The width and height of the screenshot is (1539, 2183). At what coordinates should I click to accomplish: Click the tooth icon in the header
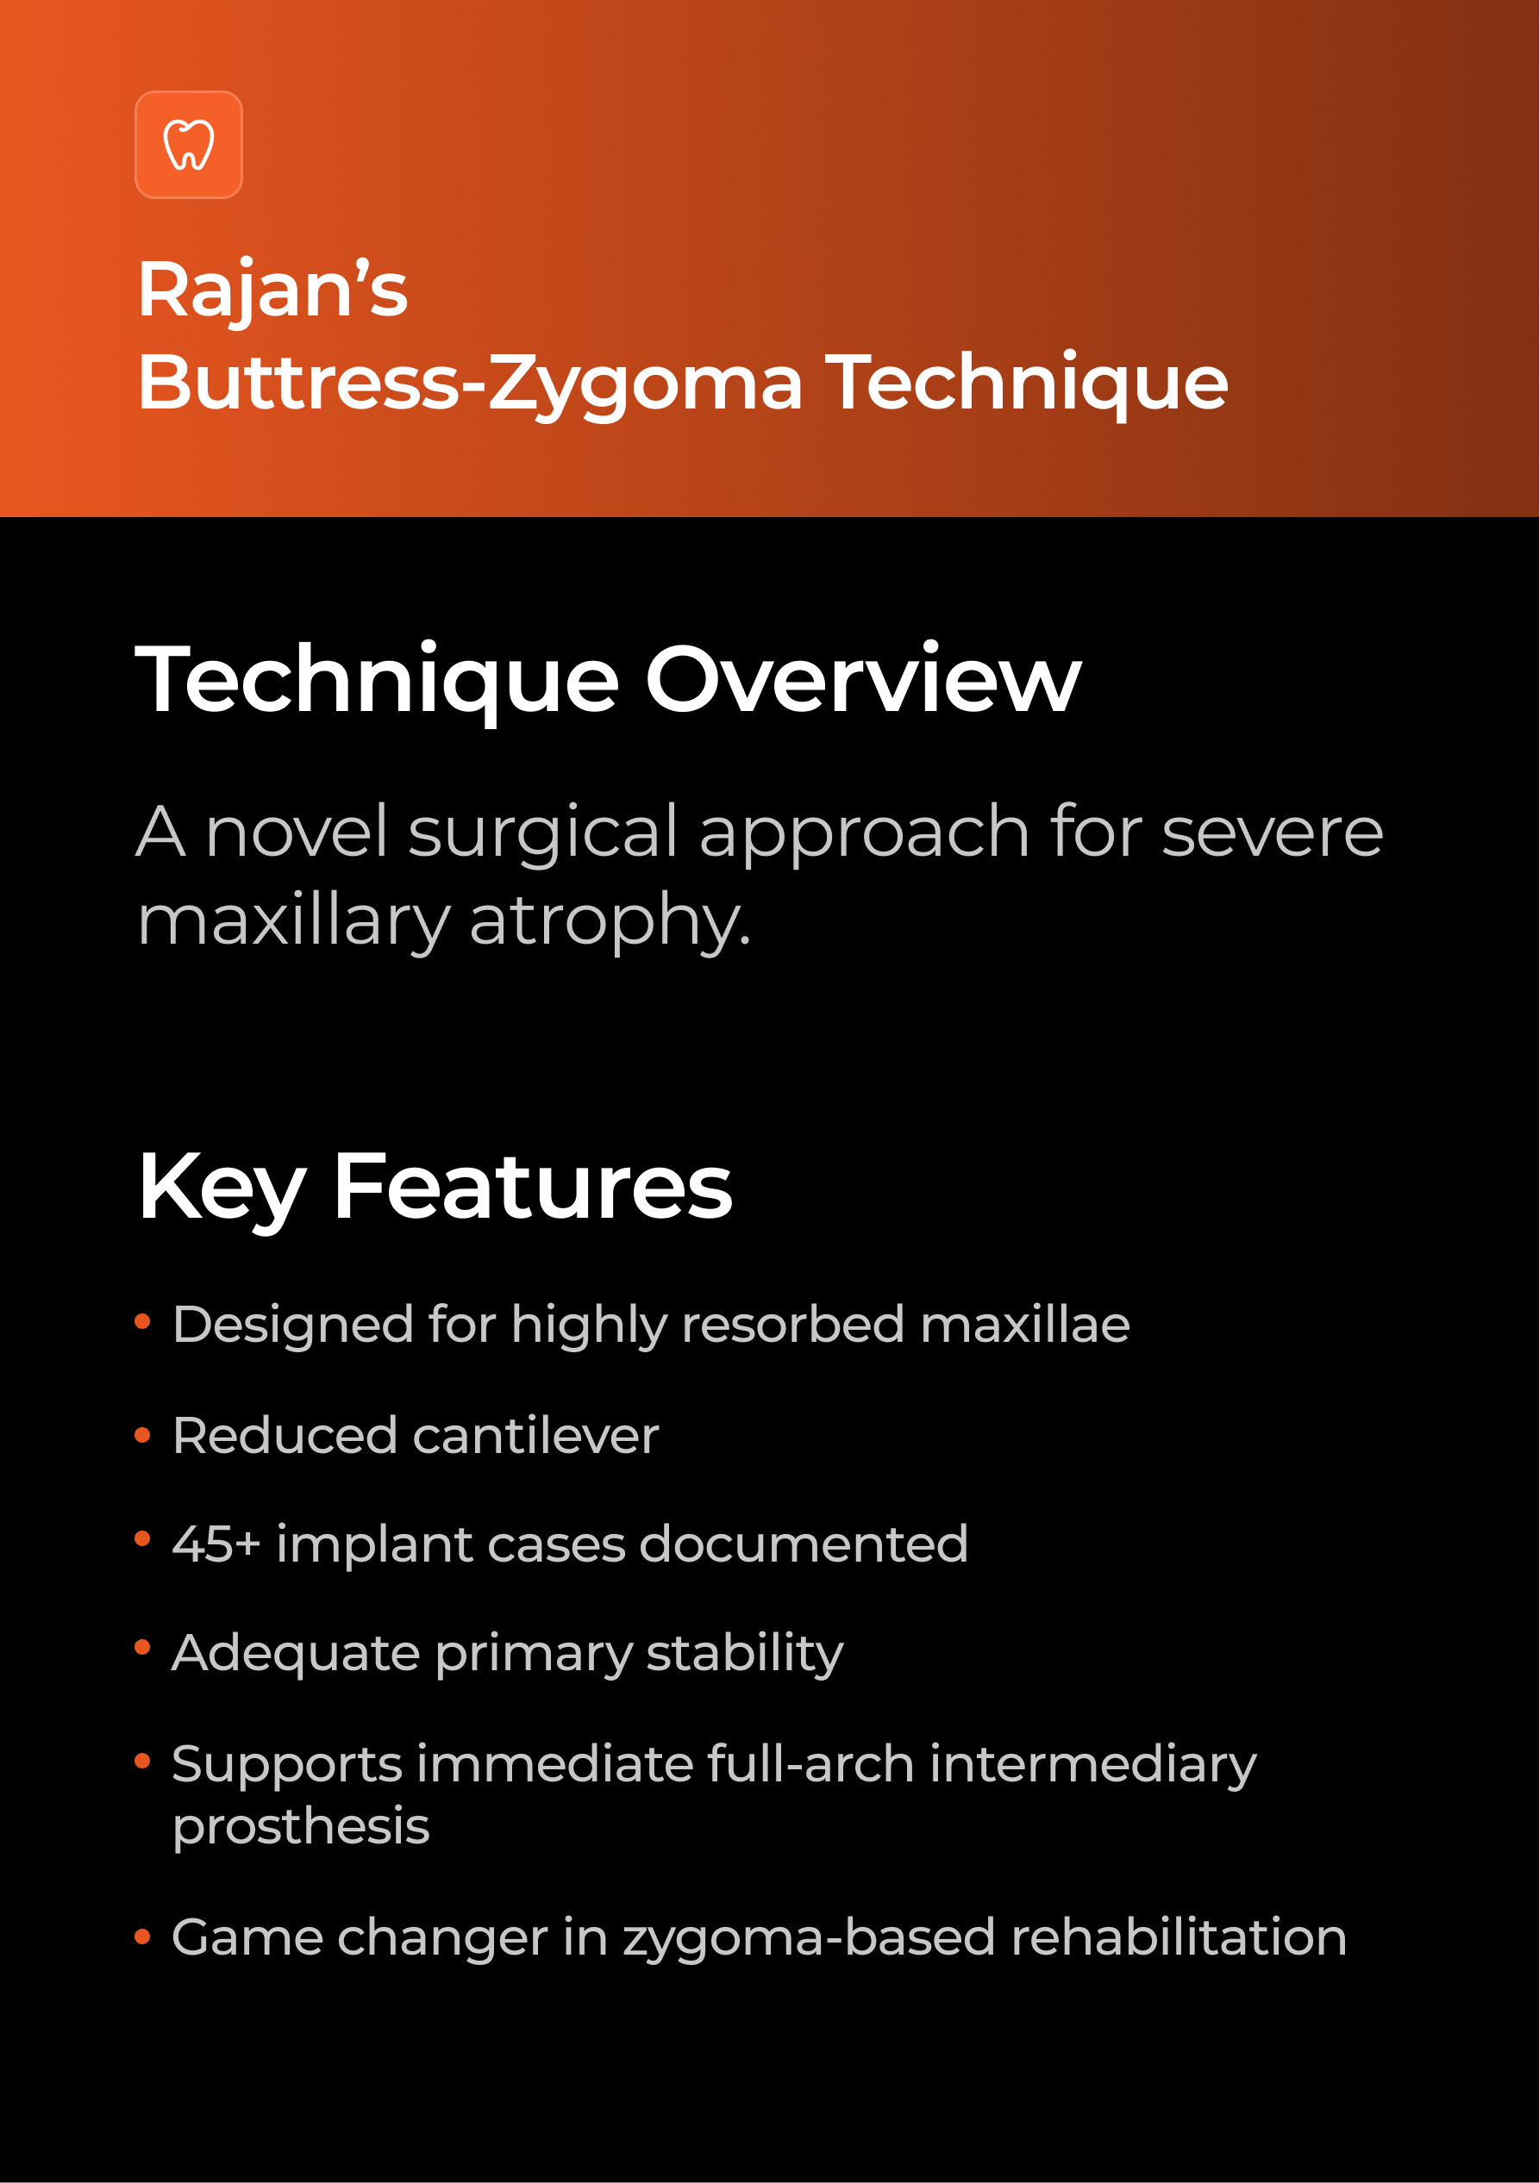(x=188, y=145)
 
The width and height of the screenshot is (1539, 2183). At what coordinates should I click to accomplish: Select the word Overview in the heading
(x=863, y=679)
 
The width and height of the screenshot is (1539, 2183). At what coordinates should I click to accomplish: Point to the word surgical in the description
(x=543, y=831)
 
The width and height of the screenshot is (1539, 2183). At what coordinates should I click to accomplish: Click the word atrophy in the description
(x=609, y=920)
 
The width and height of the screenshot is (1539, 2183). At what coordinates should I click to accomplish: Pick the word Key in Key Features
(x=222, y=1187)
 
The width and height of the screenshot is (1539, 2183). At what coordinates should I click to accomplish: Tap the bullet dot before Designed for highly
(x=142, y=1321)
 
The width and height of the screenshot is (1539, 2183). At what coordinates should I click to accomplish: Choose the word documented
(x=804, y=1544)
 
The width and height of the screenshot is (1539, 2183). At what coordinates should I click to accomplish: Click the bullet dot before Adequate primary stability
(x=142, y=1648)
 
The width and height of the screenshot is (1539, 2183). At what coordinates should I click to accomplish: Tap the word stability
(x=745, y=1652)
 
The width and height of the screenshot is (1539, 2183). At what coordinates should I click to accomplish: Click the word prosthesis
(x=301, y=1825)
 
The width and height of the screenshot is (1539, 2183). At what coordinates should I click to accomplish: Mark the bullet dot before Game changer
(x=142, y=1937)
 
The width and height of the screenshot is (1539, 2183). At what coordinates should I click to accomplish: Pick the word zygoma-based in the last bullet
(x=809, y=1937)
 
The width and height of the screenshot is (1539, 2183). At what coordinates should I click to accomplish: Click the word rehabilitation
(x=1179, y=1937)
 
